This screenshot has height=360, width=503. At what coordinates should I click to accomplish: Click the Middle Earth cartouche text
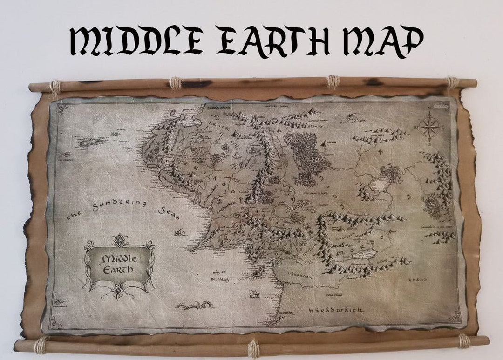[118, 264]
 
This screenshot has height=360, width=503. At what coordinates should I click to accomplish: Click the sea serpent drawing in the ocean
[195, 305]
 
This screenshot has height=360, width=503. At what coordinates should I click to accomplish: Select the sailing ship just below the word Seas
[178, 232]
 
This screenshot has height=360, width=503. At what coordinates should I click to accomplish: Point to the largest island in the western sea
[91, 141]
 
